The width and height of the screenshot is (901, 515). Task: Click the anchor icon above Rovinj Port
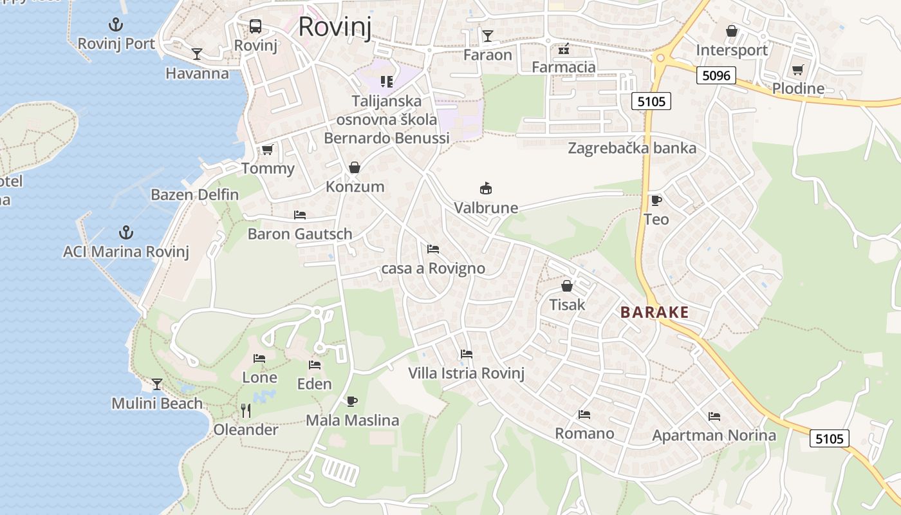[x=116, y=25]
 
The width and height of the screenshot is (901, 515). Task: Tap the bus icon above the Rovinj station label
[x=255, y=26]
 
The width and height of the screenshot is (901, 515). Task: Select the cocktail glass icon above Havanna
[x=197, y=54]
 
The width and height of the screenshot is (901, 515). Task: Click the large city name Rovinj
[x=335, y=26]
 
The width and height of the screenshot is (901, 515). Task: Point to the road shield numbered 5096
[x=716, y=75]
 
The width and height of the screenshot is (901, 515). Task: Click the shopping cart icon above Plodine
[x=798, y=70]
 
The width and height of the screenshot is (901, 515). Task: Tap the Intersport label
[x=732, y=50]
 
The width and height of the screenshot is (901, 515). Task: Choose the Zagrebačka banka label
[x=631, y=148]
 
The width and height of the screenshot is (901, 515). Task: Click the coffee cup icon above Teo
[x=656, y=200]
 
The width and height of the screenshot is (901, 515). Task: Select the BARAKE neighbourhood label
[x=655, y=313]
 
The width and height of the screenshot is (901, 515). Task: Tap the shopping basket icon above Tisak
[x=567, y=285]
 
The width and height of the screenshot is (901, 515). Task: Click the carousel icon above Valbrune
[x=486, y=189]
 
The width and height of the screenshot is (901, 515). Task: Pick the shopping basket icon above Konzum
[x=355, y=167]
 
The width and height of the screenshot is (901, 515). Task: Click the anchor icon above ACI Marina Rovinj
[x=126, y=232]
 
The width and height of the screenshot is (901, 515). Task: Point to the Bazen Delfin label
[x=194, y=194]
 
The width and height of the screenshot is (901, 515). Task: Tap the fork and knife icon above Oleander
[x=245, y=410]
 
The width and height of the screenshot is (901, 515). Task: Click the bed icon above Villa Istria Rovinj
[x=467, y=354]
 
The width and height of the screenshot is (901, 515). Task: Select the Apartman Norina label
[x=714, y=436]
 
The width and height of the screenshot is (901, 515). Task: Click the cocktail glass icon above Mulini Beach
[x=157, y=384]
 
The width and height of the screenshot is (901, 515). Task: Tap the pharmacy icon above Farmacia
[x=564, y=48]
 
